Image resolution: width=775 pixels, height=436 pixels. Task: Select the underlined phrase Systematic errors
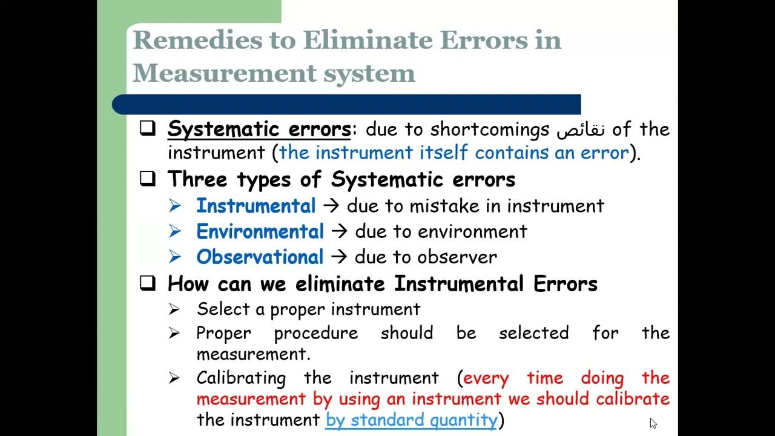[x=259, y=129]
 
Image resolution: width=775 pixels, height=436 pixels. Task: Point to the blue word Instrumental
[x=256, y=206]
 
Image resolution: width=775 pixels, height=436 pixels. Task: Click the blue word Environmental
[x=260, y=231]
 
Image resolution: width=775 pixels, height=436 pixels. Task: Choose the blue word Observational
[x=260, y=257]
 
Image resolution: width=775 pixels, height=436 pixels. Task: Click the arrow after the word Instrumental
[x=331, y=206]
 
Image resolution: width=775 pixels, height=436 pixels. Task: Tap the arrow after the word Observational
[x=339, y=257]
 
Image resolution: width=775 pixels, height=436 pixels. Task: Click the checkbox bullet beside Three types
[x=147, y=179]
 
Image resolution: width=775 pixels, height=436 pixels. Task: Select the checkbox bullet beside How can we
[x=147, y=283]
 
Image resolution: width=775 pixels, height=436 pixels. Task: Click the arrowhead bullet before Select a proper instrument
[x=174, y=309]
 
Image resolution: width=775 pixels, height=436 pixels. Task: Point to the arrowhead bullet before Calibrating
[x=174, y=378]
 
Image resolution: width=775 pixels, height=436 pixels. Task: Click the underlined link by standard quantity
[x=411, y=420]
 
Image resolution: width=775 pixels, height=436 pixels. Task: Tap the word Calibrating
[x=240, y=378]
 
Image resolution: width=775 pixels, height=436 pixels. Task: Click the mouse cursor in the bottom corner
[x=653, y=423]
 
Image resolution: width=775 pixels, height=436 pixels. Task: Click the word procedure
[x=315, y=333]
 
